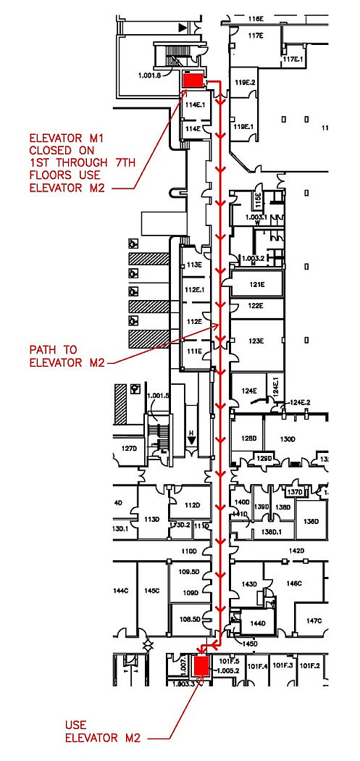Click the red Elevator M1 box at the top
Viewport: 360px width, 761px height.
pos(193,80)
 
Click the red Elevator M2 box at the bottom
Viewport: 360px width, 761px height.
pos(201,665)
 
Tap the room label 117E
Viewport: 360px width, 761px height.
pos(255,35)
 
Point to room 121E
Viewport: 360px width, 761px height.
pos(255,285)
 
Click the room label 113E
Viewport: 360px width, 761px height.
pos(193,265)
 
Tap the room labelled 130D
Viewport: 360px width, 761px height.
pos(288,438)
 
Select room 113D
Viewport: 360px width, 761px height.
pos(151,519)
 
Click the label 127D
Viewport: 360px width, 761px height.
pos(128,448)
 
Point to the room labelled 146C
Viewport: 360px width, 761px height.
pos(293,583)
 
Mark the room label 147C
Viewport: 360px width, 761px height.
pos(313,620)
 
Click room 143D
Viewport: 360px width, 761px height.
pos(249,584)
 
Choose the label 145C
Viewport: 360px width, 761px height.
pos(151,591)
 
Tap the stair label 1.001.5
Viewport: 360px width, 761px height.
pos(157,396)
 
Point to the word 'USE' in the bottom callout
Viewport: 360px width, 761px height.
pos(75,724)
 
